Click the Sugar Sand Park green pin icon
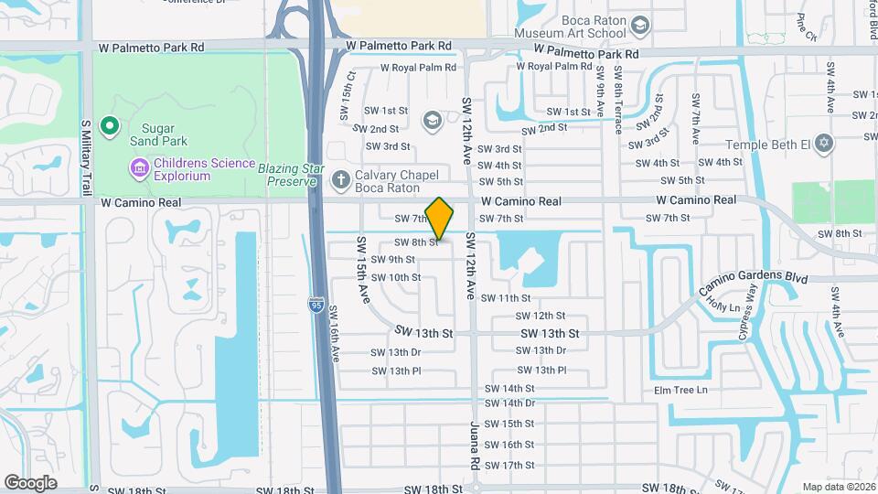click(110, 125)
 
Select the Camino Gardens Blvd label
click(753, 278)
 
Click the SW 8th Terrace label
click(619, 100)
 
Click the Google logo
click(30, 483)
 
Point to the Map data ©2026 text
click(838, 487)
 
